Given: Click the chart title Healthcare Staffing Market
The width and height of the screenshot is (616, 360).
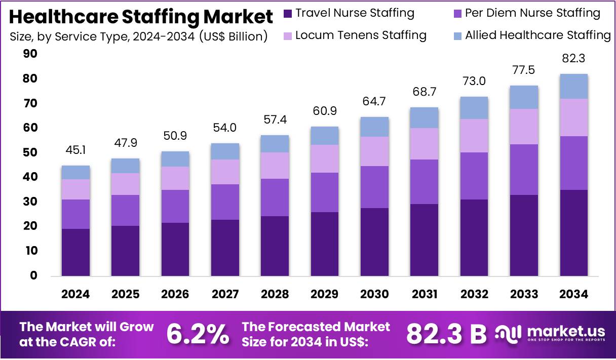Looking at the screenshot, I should click(141, 17).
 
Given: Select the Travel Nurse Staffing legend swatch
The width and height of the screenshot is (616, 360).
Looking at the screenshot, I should click(288, 14).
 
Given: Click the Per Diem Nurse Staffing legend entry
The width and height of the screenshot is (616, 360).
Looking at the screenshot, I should click(532, 14).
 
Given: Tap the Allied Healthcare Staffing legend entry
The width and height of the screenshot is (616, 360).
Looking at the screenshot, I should click(537, 35).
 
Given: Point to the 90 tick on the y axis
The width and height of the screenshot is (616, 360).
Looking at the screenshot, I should click(30, 54).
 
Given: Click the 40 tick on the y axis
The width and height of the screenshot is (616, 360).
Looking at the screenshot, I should click(30, 177).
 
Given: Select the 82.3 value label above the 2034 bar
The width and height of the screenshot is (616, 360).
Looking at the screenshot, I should click(573, 59).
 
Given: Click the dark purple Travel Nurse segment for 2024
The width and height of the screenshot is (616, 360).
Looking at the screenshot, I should click(75, 252).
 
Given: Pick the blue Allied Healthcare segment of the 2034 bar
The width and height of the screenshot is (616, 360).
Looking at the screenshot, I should click(573, 87).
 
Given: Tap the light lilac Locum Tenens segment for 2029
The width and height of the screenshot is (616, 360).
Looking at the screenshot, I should click(324, 158).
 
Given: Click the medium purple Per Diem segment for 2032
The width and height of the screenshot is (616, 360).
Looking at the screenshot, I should click(474, 176).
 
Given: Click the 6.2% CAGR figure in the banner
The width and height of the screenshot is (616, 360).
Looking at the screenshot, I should click(198, 334).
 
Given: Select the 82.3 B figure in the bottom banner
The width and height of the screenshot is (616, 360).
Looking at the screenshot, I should click(446, 334).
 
